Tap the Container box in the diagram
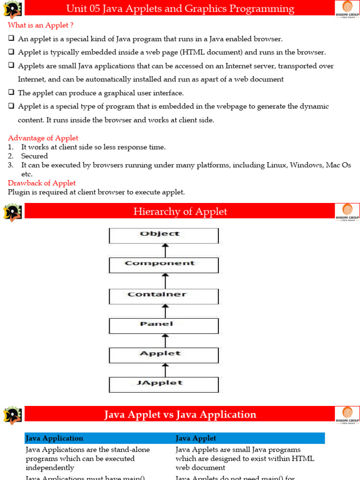(x=164, y=296)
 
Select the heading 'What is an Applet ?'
(x=41, y=25)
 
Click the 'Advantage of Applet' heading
(x=43, y=138)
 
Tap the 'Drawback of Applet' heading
(x=42, y=183)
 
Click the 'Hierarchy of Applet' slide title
(x=180, y=211)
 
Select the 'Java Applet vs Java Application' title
(x=180, y=414)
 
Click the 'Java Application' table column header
(x=54, y=438)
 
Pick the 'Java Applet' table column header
(x=196, y=438)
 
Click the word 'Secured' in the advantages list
(x=35, y=156)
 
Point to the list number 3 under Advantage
(x=10, y=165)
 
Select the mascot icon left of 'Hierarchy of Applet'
(x=12, y=212)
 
